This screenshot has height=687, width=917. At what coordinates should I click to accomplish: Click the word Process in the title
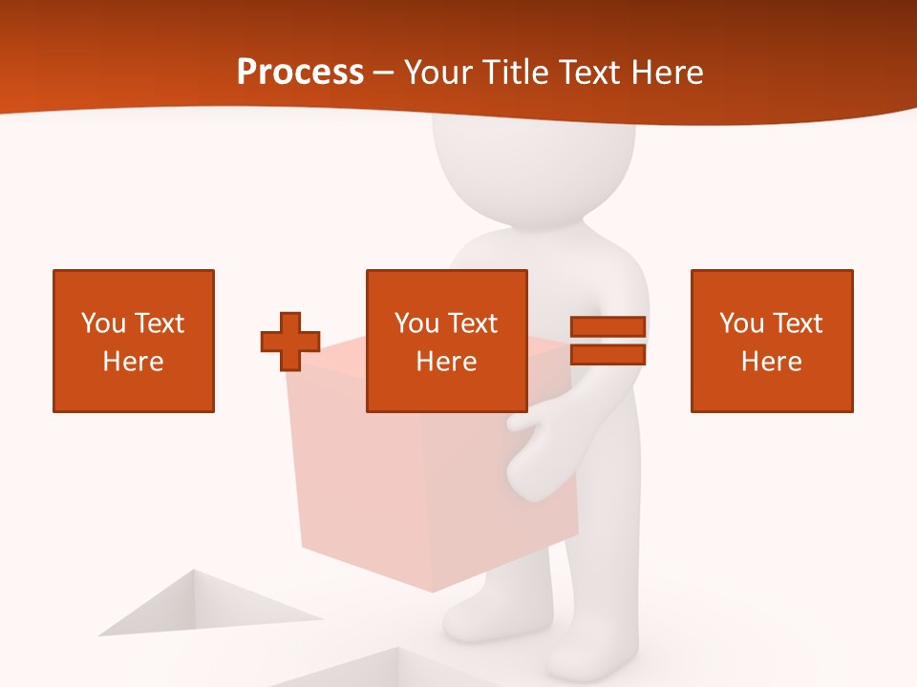300,73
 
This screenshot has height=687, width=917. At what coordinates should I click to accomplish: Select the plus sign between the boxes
290,342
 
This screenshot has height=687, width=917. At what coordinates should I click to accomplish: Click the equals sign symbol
608,341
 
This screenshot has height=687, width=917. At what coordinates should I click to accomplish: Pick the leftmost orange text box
134,341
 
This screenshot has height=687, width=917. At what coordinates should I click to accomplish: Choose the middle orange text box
446,341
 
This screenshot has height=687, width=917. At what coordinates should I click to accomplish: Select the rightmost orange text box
771,341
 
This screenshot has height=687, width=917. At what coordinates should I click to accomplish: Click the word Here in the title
668,73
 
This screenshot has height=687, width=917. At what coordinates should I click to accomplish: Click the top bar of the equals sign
608,327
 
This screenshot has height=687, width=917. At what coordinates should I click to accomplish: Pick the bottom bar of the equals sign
608,354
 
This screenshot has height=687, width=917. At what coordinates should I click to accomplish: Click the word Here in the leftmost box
134,362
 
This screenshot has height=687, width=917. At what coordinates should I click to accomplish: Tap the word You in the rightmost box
741,323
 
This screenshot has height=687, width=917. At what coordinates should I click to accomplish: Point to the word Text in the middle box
473,323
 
